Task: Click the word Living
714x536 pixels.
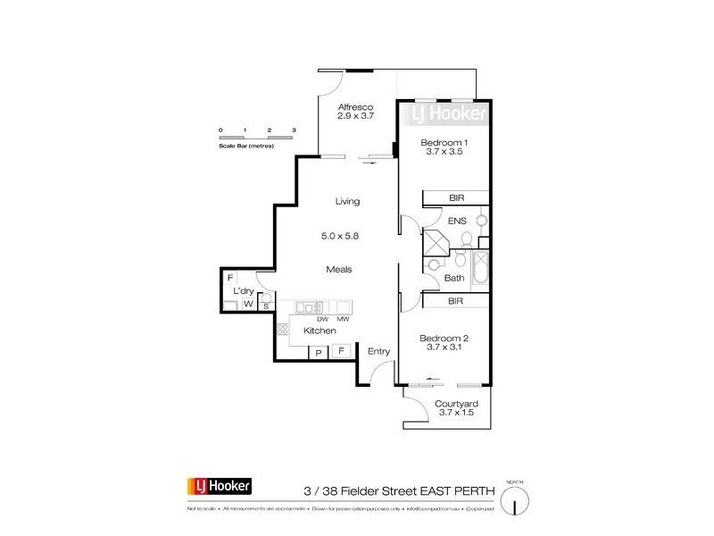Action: point(347,201)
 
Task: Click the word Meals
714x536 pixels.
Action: point(338,269)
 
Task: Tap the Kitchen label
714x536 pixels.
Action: point(320,331)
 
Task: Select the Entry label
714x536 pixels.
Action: point(379,352)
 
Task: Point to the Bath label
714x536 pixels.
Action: point(454,279)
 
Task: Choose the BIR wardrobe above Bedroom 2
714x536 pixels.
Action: point(455,303)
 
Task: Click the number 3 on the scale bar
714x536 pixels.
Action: point(294,130)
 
